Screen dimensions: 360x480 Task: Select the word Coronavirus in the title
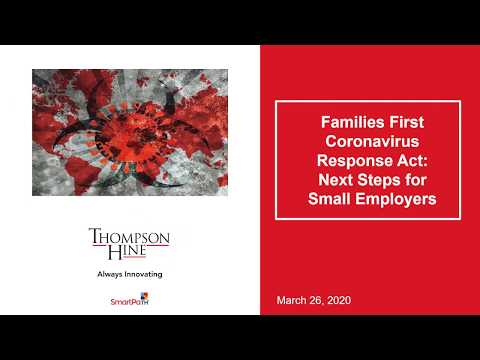pos(367,140)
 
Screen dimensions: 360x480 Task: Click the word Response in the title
pos(350,159)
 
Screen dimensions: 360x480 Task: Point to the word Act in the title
pos(403,159)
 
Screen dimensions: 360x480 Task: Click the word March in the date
pos(293,300)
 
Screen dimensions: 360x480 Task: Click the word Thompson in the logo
pos(130,237)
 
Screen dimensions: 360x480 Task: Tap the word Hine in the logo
pos(130,254)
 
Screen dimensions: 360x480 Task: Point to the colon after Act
pos(418,160)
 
